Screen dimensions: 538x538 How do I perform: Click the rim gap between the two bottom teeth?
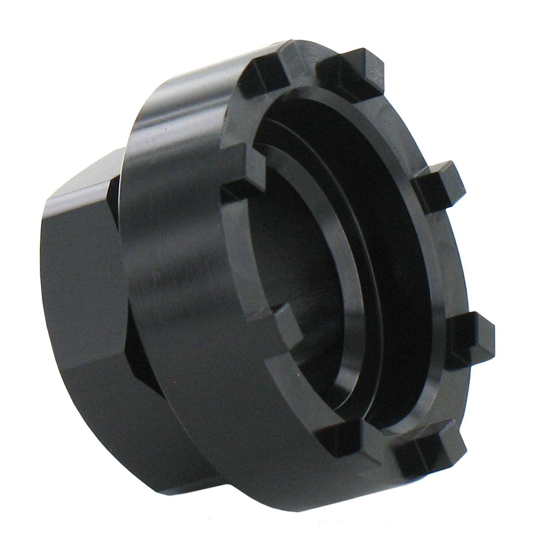(x=381, y=442)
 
